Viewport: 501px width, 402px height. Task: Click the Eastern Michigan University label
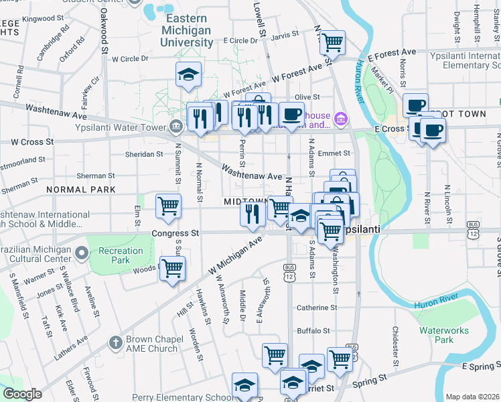click(x=188, y=30)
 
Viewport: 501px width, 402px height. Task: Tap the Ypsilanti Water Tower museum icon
click(x=175, y=125)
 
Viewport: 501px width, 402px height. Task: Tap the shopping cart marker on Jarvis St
click(x=332, y=43)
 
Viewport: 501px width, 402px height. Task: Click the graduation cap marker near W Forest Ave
click(x=189, y=74)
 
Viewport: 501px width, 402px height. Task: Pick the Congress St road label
click(x=177, y=234)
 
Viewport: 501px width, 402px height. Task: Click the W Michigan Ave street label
click(x=235, y=259)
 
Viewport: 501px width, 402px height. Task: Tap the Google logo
click(x=22, y=394)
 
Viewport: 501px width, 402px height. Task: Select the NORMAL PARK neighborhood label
click(x=81, y=190)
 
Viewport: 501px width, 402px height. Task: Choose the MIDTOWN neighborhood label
click(x=245, y=202)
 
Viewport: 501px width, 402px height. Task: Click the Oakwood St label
click(x=104, y=30)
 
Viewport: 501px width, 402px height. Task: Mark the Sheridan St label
click(x=145, y=154)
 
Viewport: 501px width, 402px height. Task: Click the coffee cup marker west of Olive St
click(x=291, y=113)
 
